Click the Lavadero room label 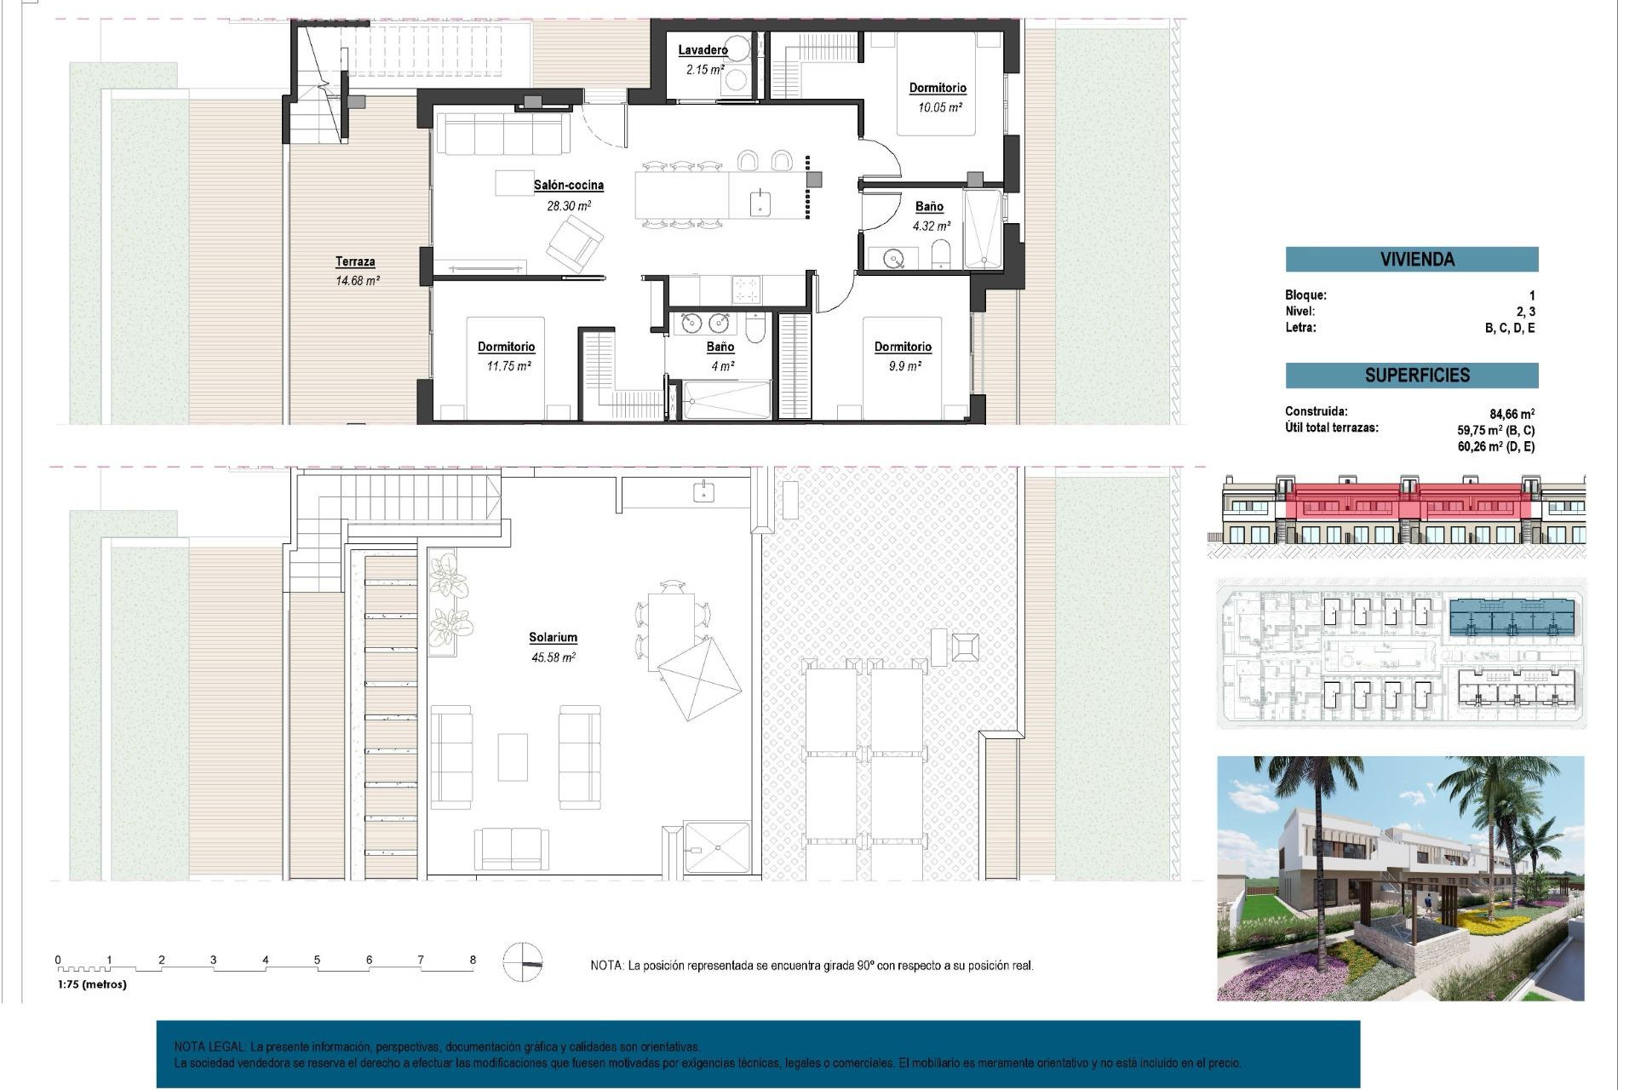(x=703, y=50)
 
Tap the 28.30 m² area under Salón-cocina (x=568, y=206)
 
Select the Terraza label (x=355, y=262)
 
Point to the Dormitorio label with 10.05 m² (x=938, y=89)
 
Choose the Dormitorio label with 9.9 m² (x=903, y=347)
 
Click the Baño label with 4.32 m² (x=929, y=207)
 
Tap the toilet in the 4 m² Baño (x=755, y=327)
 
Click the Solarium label (x=553, y=638)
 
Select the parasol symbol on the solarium (x=699, y=678)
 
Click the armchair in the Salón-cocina (x=574, y=244)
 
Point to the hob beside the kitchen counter (x=747, y=290)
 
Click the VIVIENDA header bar (x=1411, y=260)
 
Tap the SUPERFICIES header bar (x=1411, y=376)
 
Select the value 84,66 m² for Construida (x=1512, y=415)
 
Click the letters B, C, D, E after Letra (x=1509, y=329)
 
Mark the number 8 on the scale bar (x=473, y=960)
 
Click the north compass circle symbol (x=522, y=962)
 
